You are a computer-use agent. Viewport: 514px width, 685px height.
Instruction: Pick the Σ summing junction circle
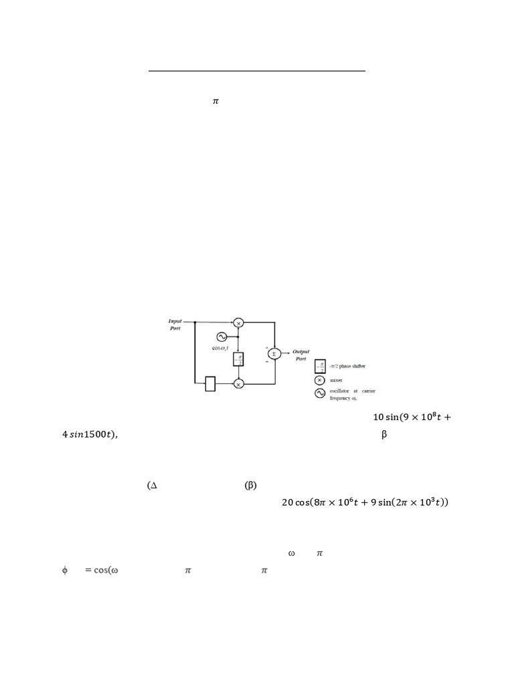[x=275, y=353]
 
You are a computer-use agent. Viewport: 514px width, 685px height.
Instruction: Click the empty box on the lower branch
[x=209, y=383]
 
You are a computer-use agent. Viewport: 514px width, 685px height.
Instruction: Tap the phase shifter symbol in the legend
[x=320, y=367]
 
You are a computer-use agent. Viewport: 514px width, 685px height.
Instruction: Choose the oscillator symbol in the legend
[x=320, y=394]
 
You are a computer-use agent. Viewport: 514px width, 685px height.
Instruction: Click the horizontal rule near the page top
[x=257, y=70]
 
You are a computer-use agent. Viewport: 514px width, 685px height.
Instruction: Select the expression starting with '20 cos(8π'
[x=365, y=502]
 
